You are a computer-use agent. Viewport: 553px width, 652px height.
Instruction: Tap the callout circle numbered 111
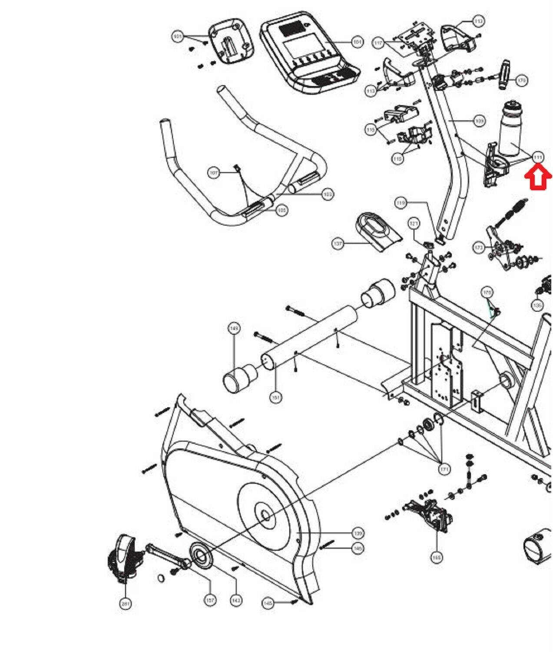click(538, 157)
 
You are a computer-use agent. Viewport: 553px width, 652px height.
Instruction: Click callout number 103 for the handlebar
click(328, 194)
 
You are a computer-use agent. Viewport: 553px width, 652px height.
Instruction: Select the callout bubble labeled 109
click(479, 121)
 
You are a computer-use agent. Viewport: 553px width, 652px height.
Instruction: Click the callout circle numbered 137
click(338, 244)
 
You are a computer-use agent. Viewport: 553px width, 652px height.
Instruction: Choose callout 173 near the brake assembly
click(479, 248)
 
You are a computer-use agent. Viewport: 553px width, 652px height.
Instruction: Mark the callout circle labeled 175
click(487, 293)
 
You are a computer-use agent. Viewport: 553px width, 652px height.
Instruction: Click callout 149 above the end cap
click(234, 329)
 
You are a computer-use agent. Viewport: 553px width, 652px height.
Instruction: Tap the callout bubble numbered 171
click(444, 469)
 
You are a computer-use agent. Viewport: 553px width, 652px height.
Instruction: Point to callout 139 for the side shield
click(358, 533)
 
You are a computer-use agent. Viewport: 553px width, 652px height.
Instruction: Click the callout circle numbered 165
click(437, 557)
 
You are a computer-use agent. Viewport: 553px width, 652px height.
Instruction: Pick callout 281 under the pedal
click(126, 603)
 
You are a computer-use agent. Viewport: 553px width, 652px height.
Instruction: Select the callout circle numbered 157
click(210, 600)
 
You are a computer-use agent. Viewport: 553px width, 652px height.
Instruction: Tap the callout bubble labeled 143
click(236, 600)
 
